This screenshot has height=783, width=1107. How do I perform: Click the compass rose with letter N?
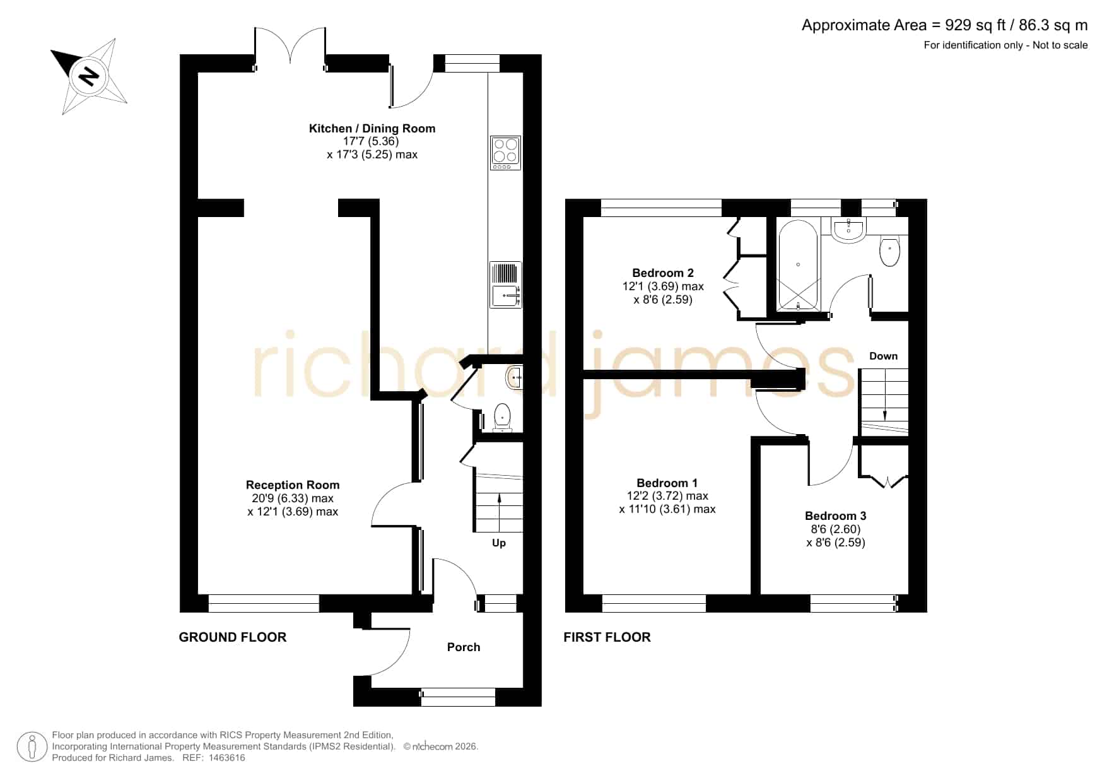click(x=88, y=76)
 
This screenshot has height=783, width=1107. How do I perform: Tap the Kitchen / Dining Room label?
click(x=372, y=129)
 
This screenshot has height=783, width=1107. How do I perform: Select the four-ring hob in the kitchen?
click(x=505, y=153)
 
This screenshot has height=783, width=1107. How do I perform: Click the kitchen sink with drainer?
click(x=505, y=285)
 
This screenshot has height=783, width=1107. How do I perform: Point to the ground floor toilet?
click(x=502, y=417)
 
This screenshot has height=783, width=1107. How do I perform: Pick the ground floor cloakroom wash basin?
click(x=515, y=377)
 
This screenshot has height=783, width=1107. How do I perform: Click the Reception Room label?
click(x=293, y=485)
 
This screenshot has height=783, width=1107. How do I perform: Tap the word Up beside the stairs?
click(x=499, y=543)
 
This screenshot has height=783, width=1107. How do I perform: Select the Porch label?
click(x=464, y=647)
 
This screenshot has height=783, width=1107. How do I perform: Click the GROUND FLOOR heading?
click(x=233, y=637)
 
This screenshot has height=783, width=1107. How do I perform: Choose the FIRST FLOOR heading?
click(x=607, y=637)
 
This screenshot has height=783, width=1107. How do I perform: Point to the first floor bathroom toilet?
click(x=889, y=251)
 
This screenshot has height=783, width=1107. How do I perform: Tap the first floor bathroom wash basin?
click(x=849, y=230)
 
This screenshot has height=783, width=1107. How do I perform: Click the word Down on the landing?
click(x=883, y=356)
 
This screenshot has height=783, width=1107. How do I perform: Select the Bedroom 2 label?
click(x=663, y=273)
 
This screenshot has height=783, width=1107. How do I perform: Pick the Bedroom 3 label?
click(x=836, y=516)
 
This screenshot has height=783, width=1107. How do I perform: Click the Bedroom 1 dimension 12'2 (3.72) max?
click(x=667, y=497)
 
